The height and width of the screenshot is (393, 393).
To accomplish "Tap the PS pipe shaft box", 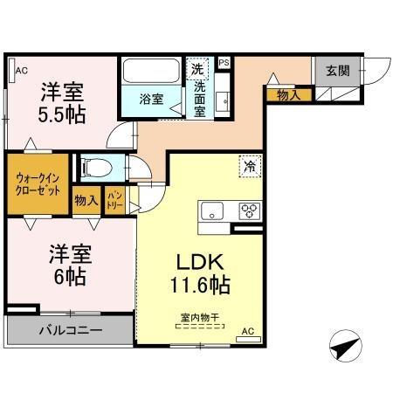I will [x=224, y=63].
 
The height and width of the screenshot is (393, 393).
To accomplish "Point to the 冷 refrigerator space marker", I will [x=252, y=165].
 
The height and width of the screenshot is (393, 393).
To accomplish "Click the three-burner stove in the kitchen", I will [x=249, y=210].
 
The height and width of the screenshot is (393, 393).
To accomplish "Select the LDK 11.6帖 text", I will [x=199, y=272].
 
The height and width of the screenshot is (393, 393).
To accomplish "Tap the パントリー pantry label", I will [x=114, y=201].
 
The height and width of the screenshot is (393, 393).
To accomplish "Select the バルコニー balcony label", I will [x=70, y=331].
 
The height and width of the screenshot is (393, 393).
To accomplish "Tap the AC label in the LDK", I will [x=247, y=331].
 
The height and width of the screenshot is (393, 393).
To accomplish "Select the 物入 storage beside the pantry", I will [x=85, y=200].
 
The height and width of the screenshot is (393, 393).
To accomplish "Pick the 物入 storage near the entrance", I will [x=288, y=93].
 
